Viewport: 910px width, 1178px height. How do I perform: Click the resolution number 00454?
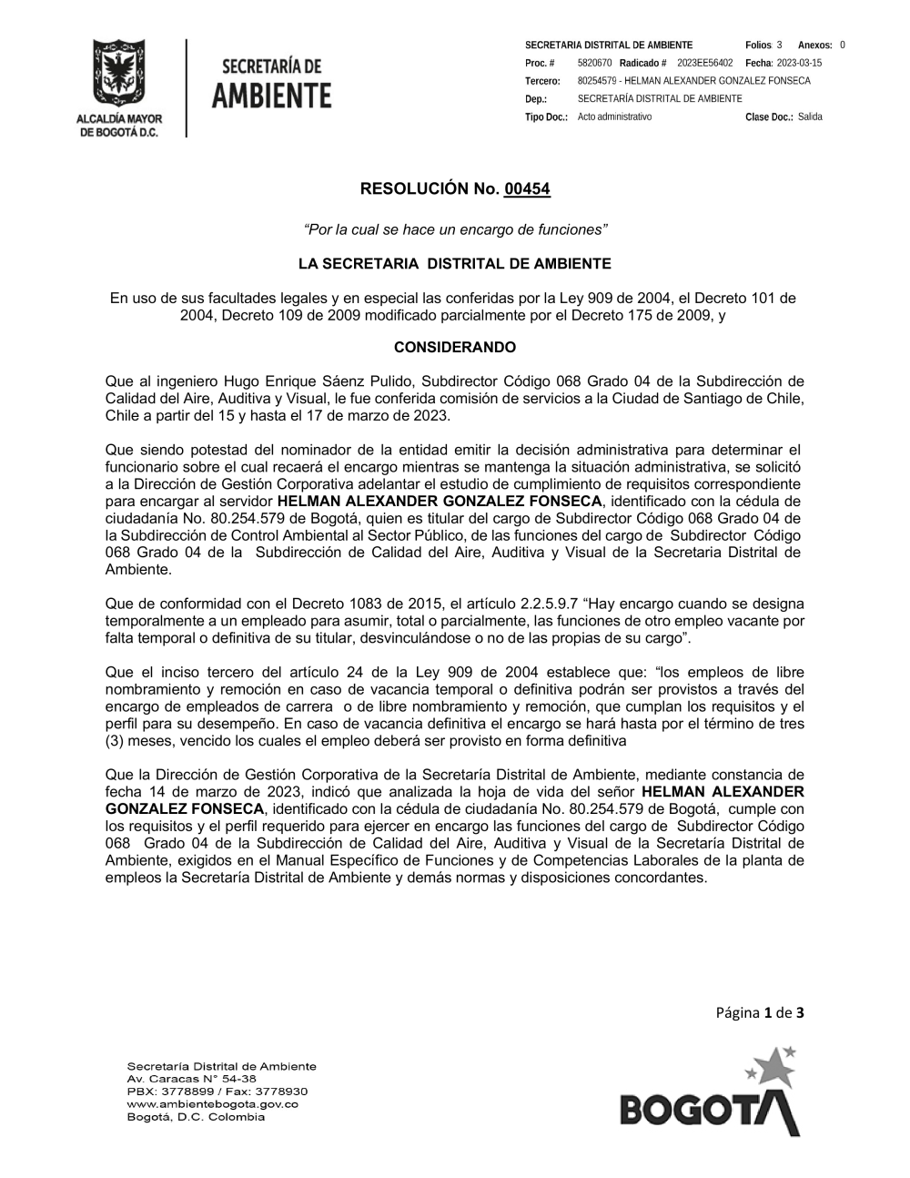[x=527, y=189]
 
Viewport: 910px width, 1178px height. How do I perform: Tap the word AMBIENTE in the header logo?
[x=271, y=95]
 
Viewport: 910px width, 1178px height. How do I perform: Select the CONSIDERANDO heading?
[x=454, y=348]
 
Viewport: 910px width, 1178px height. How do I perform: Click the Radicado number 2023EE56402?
[x=705, y=63]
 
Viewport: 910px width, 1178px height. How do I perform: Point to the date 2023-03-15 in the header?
[x=799, y=63]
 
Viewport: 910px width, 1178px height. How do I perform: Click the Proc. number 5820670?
[x=594, y=63]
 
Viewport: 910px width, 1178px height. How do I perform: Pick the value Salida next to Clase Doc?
[x=810, y=117]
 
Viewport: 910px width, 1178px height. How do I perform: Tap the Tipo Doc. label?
[x=546, y=117]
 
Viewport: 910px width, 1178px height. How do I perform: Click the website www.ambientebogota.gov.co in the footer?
[x=212, y=1104]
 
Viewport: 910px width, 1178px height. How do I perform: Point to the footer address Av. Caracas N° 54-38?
[x=192, y=1078]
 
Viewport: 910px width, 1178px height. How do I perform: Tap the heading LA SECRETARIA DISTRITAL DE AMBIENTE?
[x=454, y=264]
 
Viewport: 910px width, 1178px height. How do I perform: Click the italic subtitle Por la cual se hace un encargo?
[x=454, y=229]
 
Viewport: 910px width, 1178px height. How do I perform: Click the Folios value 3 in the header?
[x=779, y=45]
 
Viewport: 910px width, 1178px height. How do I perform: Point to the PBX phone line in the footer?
[x=217, y=1091]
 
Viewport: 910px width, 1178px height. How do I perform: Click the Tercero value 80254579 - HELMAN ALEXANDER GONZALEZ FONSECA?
[x=693, y=81]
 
